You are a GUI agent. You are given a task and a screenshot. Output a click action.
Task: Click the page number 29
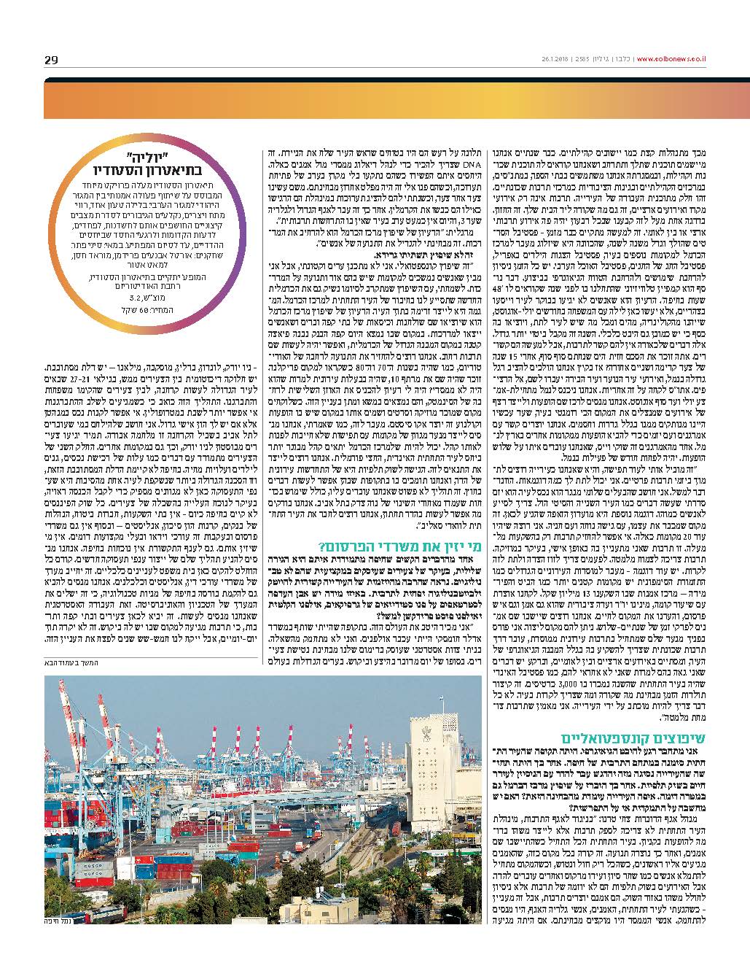50,59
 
